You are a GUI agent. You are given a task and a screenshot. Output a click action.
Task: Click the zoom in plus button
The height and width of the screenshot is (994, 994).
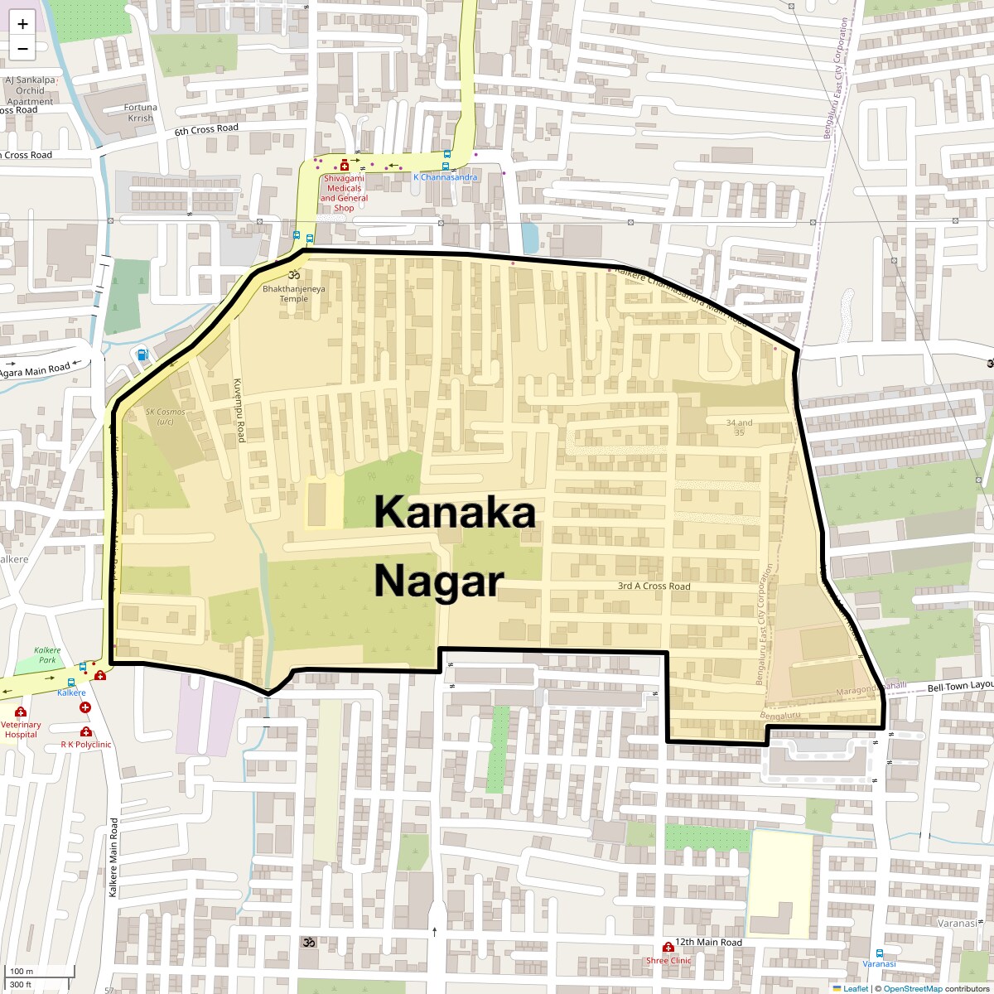click(22, 24)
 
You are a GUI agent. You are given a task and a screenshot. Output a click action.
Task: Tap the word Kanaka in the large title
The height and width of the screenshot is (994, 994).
click(454, 512)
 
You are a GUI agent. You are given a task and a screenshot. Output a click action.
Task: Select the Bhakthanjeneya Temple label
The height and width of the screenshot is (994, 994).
click(294, 293)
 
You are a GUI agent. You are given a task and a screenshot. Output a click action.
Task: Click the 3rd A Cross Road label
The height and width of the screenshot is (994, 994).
click(654, 586)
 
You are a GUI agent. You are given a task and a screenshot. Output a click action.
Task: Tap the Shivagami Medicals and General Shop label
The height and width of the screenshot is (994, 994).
click(344, 193)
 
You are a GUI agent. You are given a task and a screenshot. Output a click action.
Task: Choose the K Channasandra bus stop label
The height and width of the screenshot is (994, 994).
click(446, 177)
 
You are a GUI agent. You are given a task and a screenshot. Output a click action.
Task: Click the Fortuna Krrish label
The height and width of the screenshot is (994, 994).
click(141, 113)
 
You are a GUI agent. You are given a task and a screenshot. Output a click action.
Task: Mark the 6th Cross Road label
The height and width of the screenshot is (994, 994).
click(206, 129)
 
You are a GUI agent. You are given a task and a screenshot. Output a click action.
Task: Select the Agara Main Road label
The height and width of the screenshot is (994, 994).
click(35, 370)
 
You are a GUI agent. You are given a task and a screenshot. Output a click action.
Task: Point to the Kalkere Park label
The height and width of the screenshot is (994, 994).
click(48, 655)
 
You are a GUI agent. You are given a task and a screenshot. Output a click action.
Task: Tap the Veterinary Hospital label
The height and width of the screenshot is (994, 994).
click(21, 730)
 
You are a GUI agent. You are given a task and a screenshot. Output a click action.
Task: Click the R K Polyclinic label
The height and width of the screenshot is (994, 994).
click(86, 745)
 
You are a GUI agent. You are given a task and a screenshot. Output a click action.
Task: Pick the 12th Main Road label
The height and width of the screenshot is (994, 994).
click(708, 943)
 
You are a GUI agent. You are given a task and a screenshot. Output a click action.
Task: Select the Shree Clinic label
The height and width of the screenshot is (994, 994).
click(668, 961)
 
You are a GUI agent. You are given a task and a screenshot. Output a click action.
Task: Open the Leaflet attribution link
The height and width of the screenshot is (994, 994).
click(855, 988)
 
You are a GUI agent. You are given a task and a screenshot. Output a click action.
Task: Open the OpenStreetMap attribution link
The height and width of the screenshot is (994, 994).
click(912, 988)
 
